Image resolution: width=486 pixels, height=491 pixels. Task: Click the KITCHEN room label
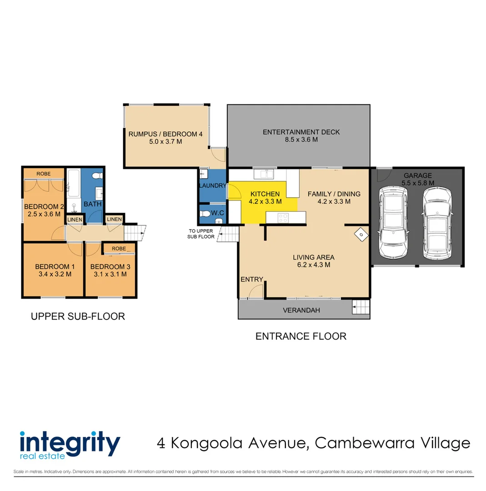click(265, 194)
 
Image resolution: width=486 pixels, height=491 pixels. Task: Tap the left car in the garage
click(393, 221)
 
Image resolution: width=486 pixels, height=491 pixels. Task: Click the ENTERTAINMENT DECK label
click(301, 132)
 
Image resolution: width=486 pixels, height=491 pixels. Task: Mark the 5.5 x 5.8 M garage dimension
click(418, 183)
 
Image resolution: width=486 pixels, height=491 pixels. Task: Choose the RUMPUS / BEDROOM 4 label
click(165, 134)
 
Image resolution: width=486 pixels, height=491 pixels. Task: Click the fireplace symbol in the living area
click(361, 235)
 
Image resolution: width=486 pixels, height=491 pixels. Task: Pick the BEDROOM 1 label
click(53, 266)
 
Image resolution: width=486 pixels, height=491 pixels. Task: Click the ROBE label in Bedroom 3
click(119, 249)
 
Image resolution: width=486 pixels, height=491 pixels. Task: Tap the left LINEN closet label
click(75, 220)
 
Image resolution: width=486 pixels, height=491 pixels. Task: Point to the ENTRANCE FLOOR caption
click(301, 336)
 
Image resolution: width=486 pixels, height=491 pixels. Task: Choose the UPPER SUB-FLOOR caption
click(78, 316)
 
